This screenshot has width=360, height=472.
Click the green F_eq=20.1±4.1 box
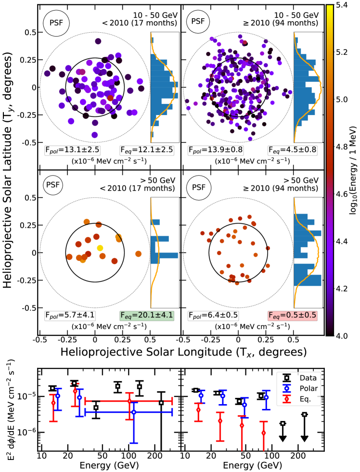[x=147, y=315]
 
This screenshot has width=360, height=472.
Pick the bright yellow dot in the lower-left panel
[x=100, y=248]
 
